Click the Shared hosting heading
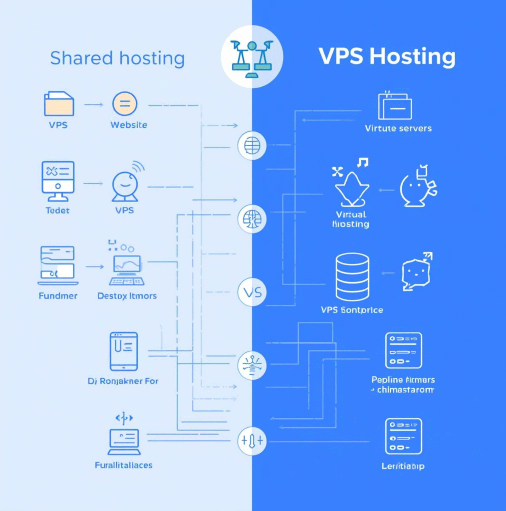[117, 58]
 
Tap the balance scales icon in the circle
[252, 56]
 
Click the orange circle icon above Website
[125, 104]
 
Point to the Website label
[129, 125]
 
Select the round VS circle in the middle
[252, 291]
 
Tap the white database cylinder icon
[352, 277]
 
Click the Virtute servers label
[398, 128]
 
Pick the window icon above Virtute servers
[395, 105]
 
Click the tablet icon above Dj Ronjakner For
[123, 351]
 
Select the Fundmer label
[58, 296]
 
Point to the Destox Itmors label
[127, 296]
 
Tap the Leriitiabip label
[403, 467]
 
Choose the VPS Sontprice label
[352, 310]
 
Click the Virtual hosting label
[351, 219]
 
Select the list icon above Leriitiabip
[403, 436]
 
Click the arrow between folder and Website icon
[93, 104]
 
